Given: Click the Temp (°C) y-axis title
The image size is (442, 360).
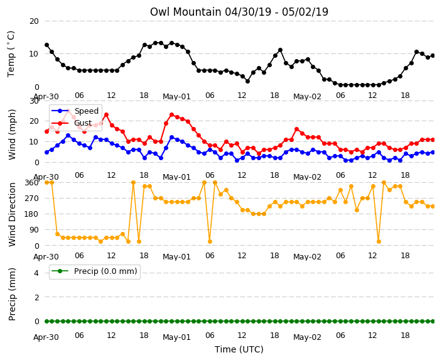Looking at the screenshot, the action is coord(11,54).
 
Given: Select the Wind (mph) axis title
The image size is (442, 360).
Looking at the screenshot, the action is coord(12,134).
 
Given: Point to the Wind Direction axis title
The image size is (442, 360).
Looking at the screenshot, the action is coord(12,214).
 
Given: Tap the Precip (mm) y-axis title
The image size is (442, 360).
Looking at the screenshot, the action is coord(12,294).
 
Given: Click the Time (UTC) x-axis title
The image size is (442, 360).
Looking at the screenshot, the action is coord(239,349).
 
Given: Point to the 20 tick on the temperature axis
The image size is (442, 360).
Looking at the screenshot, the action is coord(34,21).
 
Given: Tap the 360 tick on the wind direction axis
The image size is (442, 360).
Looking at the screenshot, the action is coord(31,183).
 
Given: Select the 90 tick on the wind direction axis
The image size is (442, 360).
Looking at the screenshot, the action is coord(34,230).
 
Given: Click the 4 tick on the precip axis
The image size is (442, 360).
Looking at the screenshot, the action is coord(36,273).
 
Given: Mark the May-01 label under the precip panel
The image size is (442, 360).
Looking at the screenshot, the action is coord(177,337).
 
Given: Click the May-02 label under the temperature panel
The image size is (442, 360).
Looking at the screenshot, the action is coord(307,97).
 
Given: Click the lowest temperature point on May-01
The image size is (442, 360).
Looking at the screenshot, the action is coord(247,81).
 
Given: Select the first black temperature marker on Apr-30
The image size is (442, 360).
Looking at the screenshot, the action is coord(47,45).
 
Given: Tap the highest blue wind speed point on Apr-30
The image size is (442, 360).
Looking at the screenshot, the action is coord(68,136).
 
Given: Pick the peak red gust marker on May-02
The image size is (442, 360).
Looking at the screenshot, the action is coord(296,129).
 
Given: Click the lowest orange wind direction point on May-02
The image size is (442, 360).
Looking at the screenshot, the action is coord(379,241).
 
